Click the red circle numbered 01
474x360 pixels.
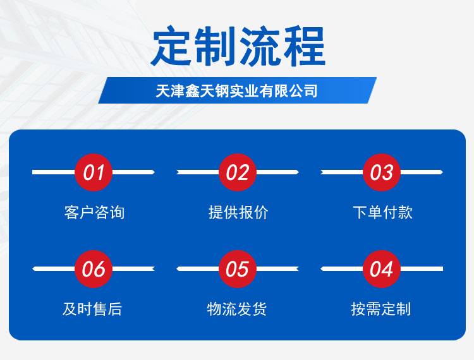coord(94,172)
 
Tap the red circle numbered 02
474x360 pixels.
coord(238,172)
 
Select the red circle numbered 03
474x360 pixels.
coord(382,172)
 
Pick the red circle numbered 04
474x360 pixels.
coord(382,269)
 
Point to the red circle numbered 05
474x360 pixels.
coord(238,269)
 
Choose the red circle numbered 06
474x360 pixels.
coord(94,269)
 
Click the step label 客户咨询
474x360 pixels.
coord(94,212)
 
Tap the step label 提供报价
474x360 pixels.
coord(238,212)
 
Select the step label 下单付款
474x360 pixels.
coord(382,212)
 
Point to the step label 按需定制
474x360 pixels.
coord(381,309)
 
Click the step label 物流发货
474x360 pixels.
coord(237,309)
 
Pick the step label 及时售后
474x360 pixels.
coord(92,309)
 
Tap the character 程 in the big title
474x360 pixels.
coord(304,46)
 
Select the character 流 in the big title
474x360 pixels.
coord(260,46)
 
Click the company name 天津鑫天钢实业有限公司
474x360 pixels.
coord(236,90)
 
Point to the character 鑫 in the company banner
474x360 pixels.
coord(192,90)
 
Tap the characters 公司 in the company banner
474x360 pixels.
coord(303,90)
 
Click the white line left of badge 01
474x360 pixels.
coord(54,172)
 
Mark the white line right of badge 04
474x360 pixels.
coord(422,269)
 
